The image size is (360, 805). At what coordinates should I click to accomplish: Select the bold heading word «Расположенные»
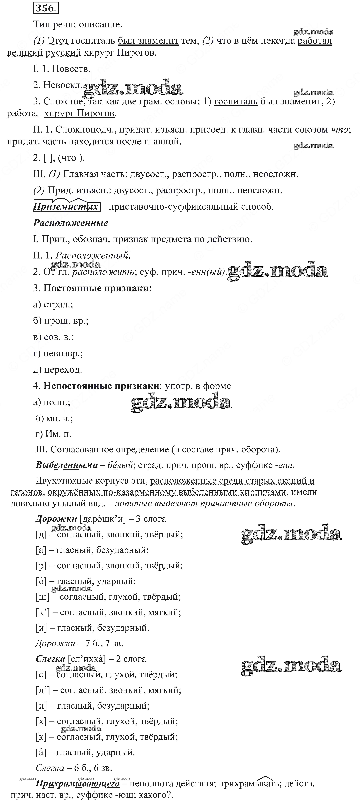[71, 223]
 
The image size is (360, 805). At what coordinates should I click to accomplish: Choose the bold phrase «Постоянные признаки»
[96, 288]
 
